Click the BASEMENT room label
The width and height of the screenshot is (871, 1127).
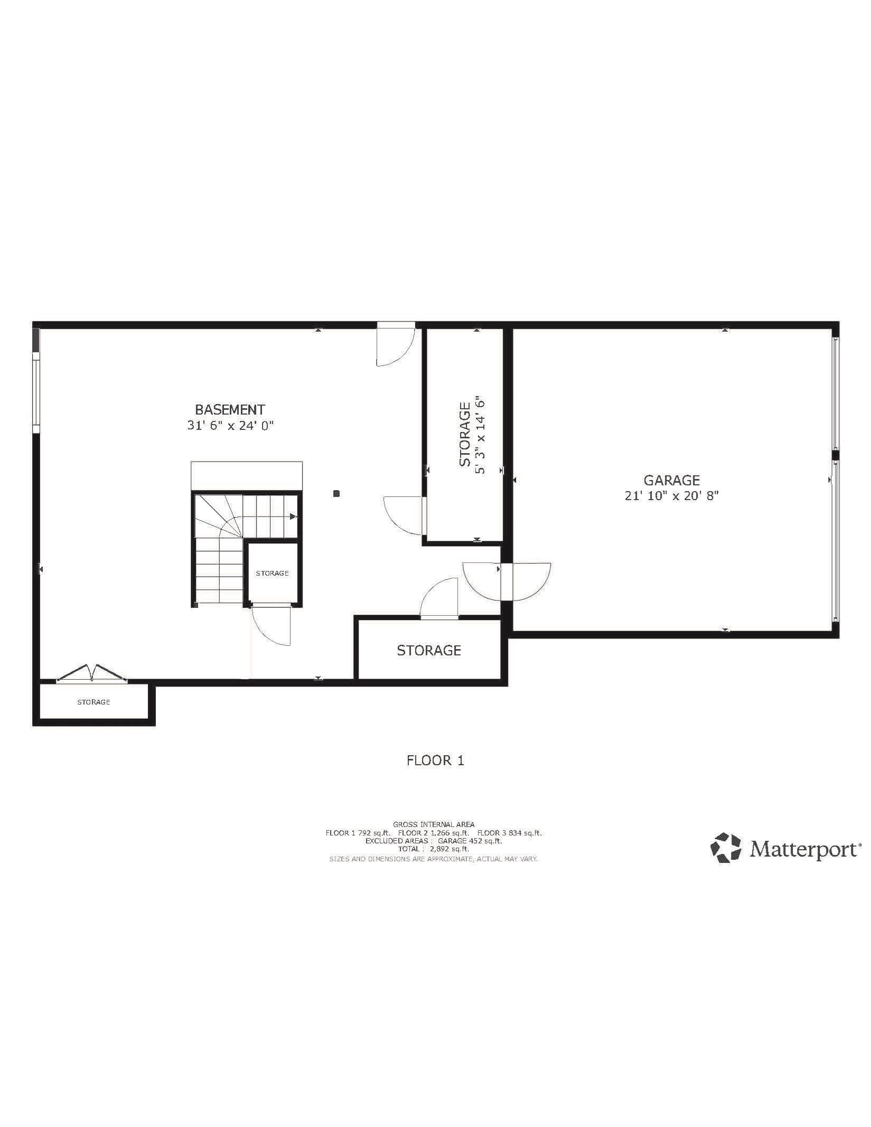[x=230, y=409]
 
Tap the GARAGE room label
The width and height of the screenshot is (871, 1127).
[x=671, y=480]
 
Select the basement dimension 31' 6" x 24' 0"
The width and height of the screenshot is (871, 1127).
[x=231, y=426]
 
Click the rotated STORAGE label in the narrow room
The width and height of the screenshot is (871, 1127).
[x=465, y=434]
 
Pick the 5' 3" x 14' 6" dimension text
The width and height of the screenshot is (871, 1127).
[x=480, y=434]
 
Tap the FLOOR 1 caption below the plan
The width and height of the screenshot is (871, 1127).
[x=435, y=760]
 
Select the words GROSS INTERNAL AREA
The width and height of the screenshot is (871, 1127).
[x=434, y=824]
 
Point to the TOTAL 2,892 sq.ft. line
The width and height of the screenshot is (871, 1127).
[x=434, y=849]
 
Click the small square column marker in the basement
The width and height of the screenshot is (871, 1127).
[x=336, y=494]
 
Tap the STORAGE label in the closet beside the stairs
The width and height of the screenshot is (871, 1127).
[x=272, y=573]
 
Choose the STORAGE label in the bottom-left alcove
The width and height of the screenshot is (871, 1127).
[x=93, y=702]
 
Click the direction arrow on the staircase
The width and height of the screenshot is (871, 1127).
[x=293, y=516]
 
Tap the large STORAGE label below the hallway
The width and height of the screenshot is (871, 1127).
[x=429, y=650]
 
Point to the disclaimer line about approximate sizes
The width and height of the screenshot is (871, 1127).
[x=434, y=859]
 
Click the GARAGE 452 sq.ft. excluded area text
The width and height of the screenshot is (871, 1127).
[x=470, y=841]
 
